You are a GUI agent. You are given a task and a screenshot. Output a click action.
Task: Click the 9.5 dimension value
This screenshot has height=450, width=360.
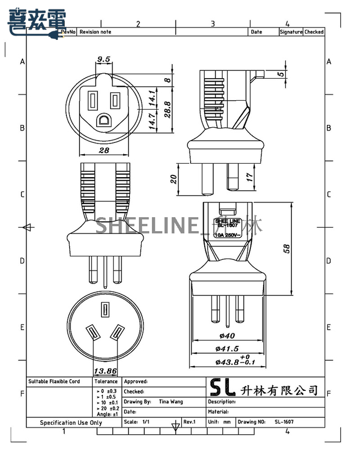tap(103, 58)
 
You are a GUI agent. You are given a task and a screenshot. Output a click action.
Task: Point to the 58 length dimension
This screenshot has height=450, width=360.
tap(303, 248)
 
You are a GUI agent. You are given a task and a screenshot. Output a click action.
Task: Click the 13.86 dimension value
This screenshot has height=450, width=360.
tap(105, 371)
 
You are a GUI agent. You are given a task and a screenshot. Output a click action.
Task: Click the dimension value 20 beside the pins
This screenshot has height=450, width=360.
tap(174, 179)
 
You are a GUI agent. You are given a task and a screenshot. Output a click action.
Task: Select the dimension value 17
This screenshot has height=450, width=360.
tap(249, 179)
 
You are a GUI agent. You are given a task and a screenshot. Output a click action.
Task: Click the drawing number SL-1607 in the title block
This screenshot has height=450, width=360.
tap(284, 421)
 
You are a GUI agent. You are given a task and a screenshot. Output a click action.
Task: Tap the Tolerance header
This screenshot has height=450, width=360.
tap(106, 381)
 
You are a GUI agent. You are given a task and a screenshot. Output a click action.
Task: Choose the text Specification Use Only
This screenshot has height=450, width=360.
tap(71, 422)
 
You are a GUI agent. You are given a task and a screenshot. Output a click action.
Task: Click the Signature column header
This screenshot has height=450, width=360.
tap(291, 32)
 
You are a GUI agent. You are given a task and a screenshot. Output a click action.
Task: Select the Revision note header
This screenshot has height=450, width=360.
tap(96, 32)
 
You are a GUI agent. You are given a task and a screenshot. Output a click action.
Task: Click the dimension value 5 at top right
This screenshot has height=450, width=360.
tap(280, 74)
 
